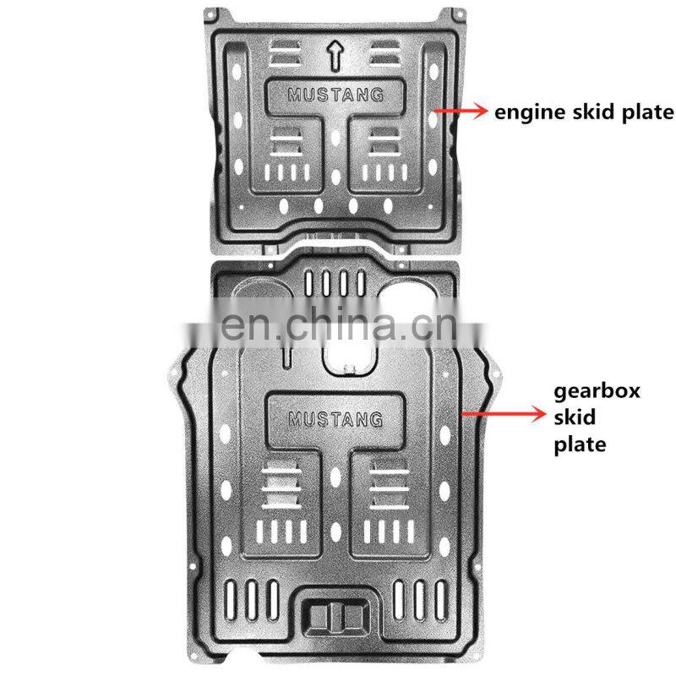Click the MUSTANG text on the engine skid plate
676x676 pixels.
tap(335, 94)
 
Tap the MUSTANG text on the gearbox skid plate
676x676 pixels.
tap(335, 418)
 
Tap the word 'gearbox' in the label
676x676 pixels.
tap(597, 391)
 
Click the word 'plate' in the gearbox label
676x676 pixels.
tap(580, 444)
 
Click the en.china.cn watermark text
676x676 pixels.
tap(338, 319)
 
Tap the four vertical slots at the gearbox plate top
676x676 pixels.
tap(337, 281)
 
